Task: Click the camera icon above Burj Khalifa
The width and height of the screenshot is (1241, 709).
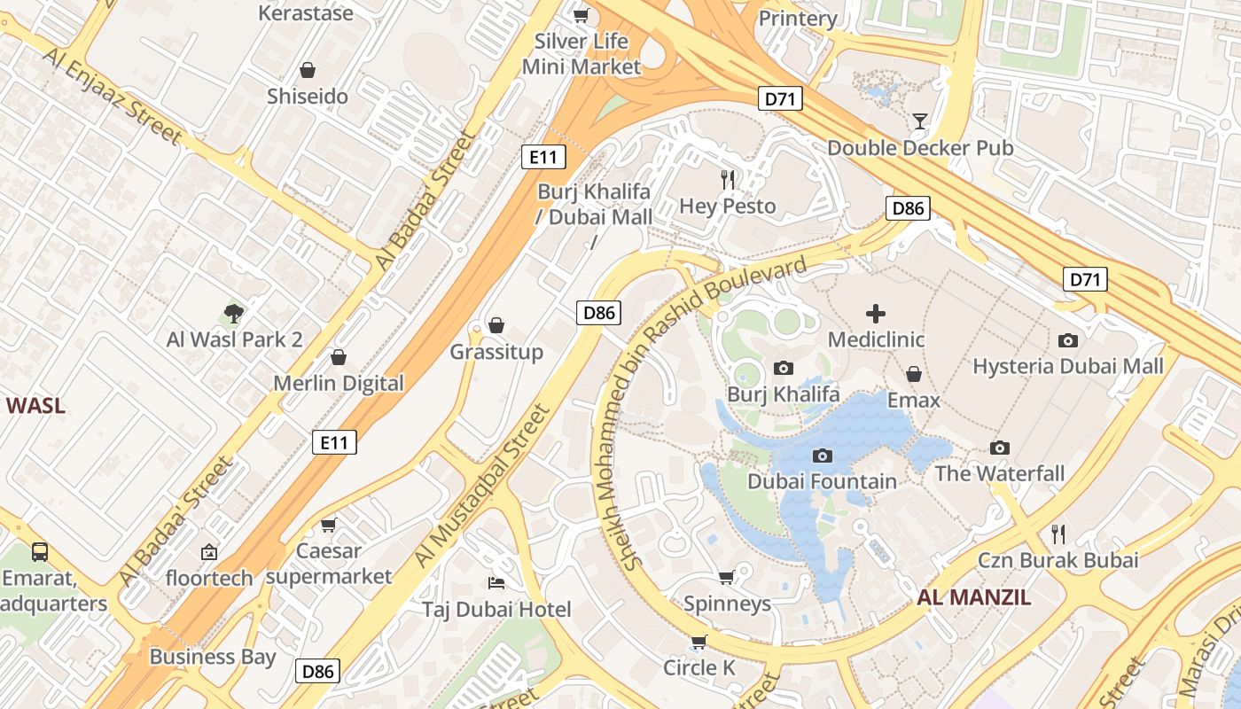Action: point(783,368)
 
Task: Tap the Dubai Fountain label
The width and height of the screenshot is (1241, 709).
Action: point(822,481)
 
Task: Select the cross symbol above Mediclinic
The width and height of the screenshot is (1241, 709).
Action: point(876,313)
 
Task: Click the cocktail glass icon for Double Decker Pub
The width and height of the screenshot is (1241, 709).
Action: point(920,121)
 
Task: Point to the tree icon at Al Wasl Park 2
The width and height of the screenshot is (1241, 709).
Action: point(234,313)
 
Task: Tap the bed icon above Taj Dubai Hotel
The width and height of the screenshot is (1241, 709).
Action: point(496,582)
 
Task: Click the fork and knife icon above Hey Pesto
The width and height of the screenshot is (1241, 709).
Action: point(728,180)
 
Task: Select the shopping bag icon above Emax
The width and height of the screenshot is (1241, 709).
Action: point(913,374)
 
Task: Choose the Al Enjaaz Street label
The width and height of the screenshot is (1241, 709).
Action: point(112,96)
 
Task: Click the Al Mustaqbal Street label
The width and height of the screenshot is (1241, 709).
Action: point(482,486)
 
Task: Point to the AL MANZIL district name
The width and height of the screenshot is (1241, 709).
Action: point(973,596)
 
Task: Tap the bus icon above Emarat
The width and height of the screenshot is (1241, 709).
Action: point(40,552)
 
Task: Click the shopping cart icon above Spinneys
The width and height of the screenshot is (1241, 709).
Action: point(726,578)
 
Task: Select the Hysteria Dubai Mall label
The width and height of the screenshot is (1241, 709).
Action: point(1068,366)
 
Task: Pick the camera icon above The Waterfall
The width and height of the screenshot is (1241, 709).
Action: point(1000,448)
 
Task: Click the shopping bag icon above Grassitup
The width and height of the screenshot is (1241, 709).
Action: point(496,325)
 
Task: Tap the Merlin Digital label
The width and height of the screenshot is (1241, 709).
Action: point(338,383)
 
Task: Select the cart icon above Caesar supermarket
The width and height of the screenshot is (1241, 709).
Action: point(328,525)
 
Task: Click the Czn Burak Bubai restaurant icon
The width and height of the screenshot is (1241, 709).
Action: point(1058,534)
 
